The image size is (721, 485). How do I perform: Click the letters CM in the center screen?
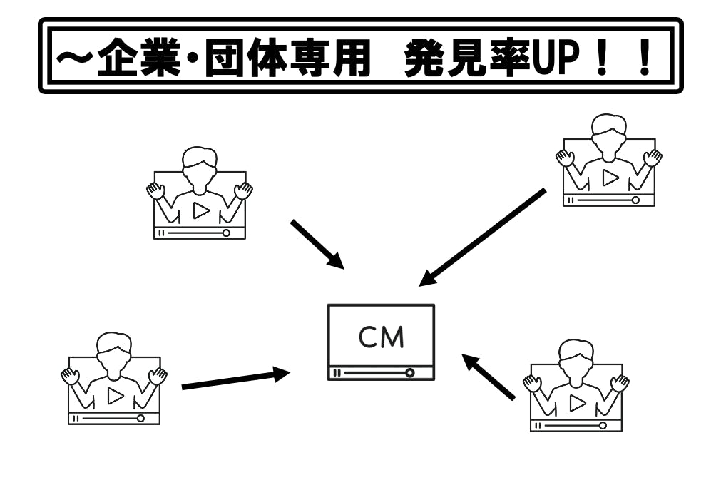tap(381, 337)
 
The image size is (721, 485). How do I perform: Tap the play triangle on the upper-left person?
tap(201, 210)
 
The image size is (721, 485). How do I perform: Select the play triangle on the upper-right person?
tap(610, 178)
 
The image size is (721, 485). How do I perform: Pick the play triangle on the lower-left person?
tap(116, 396)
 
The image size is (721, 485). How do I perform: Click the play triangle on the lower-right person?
tap(578, 403)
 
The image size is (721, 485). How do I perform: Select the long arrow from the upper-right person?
tap(481, 238)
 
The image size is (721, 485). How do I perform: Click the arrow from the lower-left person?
tap(235, 379)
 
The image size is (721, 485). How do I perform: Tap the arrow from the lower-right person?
tap(489, 377)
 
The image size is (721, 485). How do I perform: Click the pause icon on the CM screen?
tap(337, 372)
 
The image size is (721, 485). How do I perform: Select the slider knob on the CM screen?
tap(409, 372)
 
